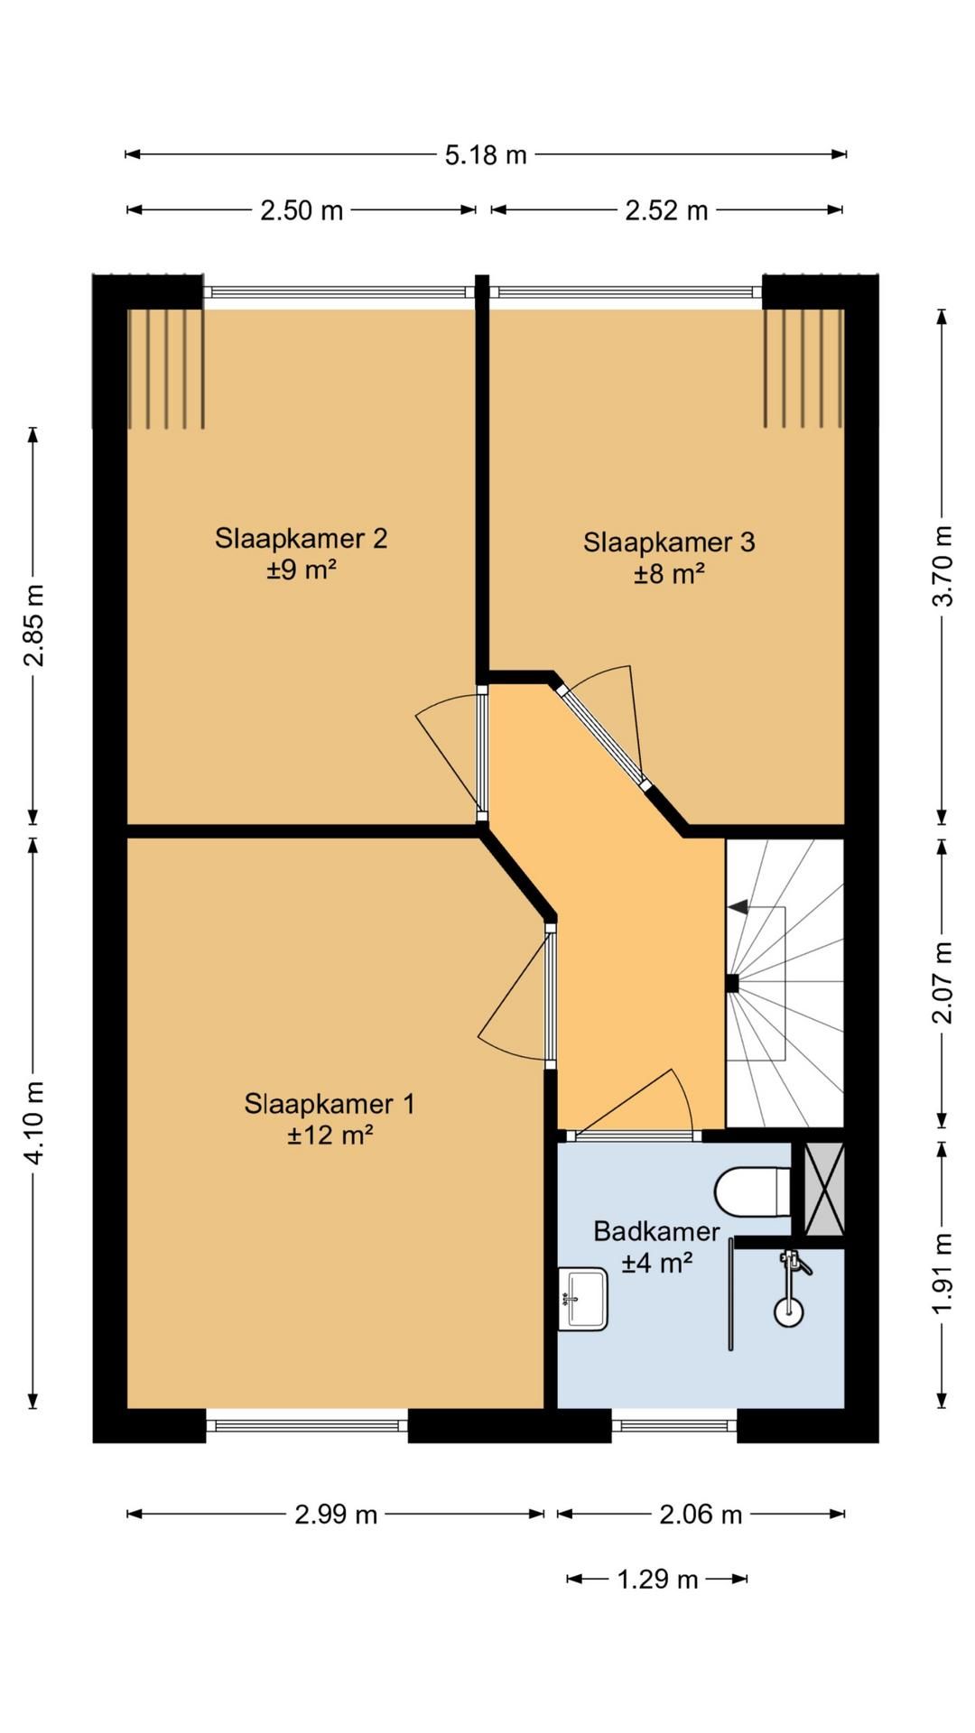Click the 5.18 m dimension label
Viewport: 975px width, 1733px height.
coord(485,155)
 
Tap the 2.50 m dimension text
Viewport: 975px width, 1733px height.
coord(302,210)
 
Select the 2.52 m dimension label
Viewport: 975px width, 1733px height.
coord(666,210)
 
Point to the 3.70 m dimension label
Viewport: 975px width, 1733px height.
coord(942,566)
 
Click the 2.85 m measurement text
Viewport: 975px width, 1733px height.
coord(33,626)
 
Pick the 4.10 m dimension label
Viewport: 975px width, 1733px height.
coord(33,1123)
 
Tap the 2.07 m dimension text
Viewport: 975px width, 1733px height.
coord(942,983)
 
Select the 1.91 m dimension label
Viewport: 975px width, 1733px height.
coord(942,1274)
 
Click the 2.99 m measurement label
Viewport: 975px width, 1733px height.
coord(336,1514)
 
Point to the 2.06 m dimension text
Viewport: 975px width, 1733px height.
coord(701,1514)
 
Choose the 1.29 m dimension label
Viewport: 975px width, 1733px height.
coord(657,1579)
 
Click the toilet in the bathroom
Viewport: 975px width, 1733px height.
coord(753,1192)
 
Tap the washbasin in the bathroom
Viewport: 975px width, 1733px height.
coord(582,1299)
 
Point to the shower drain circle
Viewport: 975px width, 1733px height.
coord(789,1311)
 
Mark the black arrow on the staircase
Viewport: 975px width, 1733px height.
coord(738,906)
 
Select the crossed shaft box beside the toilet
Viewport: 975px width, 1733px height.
coord(823,1189)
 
